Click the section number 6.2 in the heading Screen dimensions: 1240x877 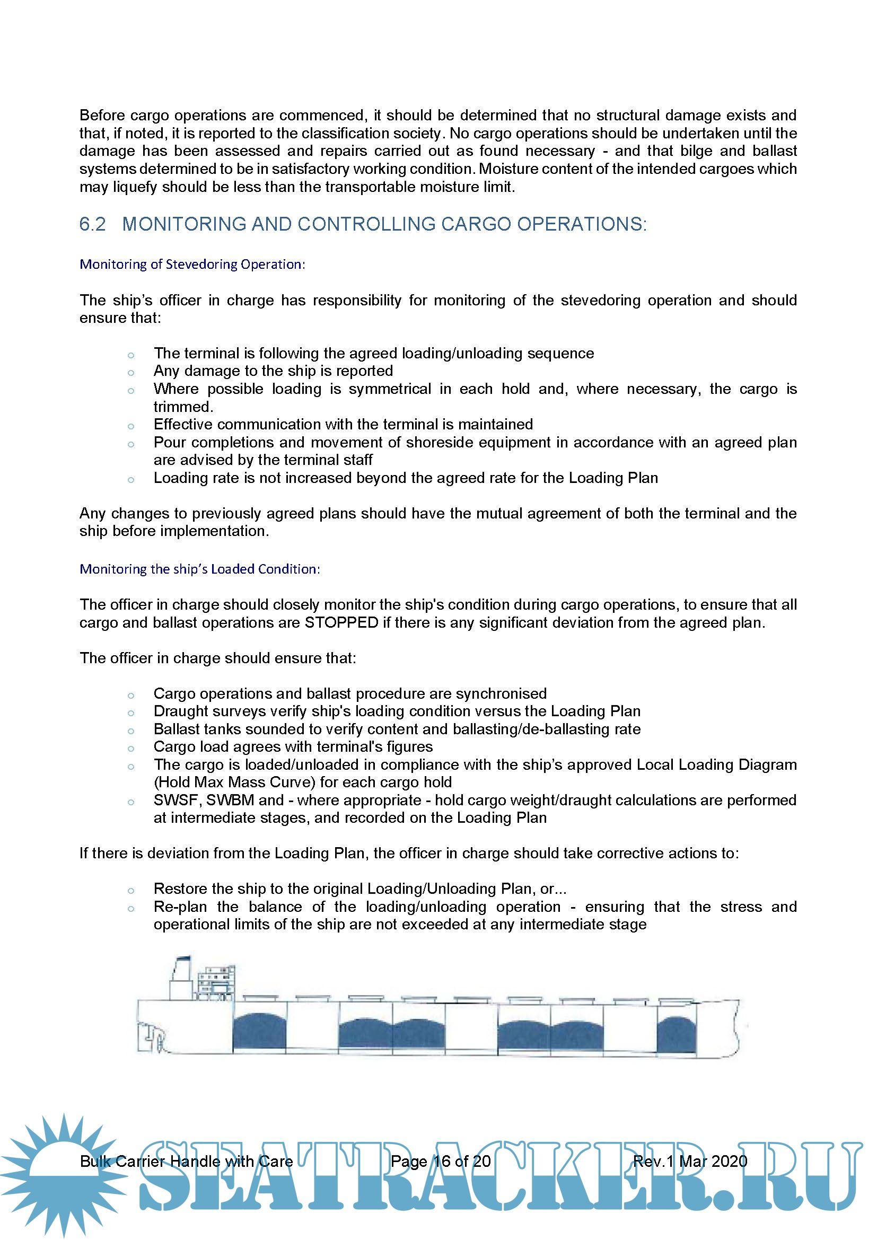tap(92, 224)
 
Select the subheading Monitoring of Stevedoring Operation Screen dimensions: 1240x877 tap(192, 264)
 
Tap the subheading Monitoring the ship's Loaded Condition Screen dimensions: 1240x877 tap(199, 569)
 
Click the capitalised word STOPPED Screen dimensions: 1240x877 tap(341, 623)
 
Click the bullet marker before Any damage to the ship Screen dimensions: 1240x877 tap(130, 373)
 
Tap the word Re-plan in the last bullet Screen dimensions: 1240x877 tap(180, 907)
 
